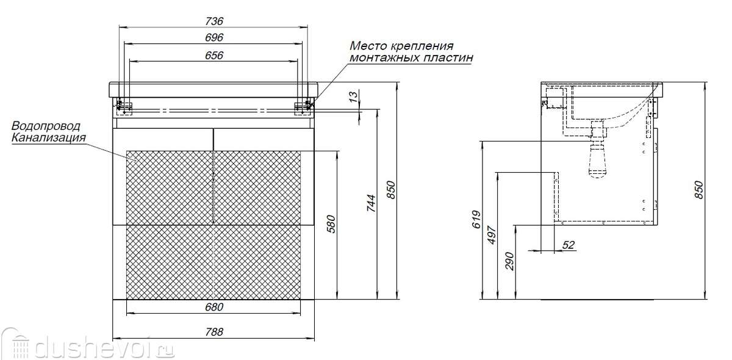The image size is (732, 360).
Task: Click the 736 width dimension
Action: point(214,21)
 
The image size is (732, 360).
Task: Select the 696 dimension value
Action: point(214,38)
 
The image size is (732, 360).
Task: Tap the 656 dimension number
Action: point(214,56)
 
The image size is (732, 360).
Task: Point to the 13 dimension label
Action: point(353,97)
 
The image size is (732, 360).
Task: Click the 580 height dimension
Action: point(331,224)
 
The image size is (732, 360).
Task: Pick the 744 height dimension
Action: point(371,203)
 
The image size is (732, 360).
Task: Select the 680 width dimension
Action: point(214,307)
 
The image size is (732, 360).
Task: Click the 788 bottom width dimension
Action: point(214,332)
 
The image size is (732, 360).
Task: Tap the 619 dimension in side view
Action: point(477,220)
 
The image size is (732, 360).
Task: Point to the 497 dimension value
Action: point(492,234)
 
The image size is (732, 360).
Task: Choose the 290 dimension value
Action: point(510,261)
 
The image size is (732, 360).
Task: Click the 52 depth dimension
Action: point(569,245)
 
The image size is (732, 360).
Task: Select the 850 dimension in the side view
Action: point(698,190)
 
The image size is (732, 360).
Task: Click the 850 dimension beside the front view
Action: point(391,190)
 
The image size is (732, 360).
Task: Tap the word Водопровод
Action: point(46,126)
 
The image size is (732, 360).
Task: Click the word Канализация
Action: point(49,138)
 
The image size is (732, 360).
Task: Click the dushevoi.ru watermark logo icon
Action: point(16,344)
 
